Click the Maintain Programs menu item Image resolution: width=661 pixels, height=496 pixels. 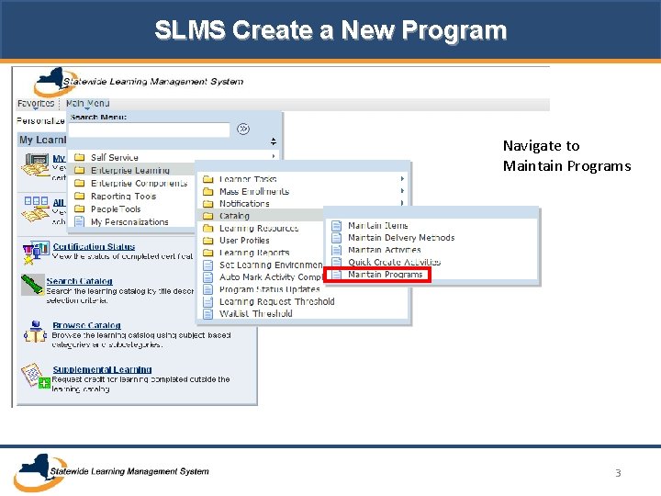pyautogui.click(x=385, y=275)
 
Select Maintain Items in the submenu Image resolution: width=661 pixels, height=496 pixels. pyautogui.click(x=377, y=226)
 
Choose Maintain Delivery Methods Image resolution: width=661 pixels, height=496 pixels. pyautogui.click(x=400, y=238)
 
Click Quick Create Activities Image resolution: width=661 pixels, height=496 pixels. pyautogui.click(x=394, y=263)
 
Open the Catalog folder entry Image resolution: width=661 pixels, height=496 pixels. pyautogui.click(x=234, y=216)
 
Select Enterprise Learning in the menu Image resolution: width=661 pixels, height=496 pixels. pyautogui.click(x=130, y=170)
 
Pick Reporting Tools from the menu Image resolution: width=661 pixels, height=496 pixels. pyautogui.click(x=123, y=196)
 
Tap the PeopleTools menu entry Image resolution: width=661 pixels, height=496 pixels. pyautogui.click(x=116, y=209)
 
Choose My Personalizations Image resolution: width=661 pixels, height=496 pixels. pyautogui.click(x=129, y=221)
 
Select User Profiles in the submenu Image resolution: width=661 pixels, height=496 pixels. pyautogui.click(x=245, y=241)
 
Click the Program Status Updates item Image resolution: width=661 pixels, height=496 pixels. pyautogui.click(x=269, y=289)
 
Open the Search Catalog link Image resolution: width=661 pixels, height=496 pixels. pyautogui.click(x=79, y=281)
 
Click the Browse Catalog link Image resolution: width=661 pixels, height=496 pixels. pyautogui.click(x=86, y=325)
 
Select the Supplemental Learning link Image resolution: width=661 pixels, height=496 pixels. pyautogui.click(x=102, y=369)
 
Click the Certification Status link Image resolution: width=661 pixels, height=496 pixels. pyautogui.click(x=94, y=246)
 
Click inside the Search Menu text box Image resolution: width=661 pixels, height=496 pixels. pyautogui.click(x=149, y=130)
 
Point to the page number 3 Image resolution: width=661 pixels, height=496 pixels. pyautogui.click(x=618, y=473)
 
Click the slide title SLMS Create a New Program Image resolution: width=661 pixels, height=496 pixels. pyautogui.click(x=330, y=30)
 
